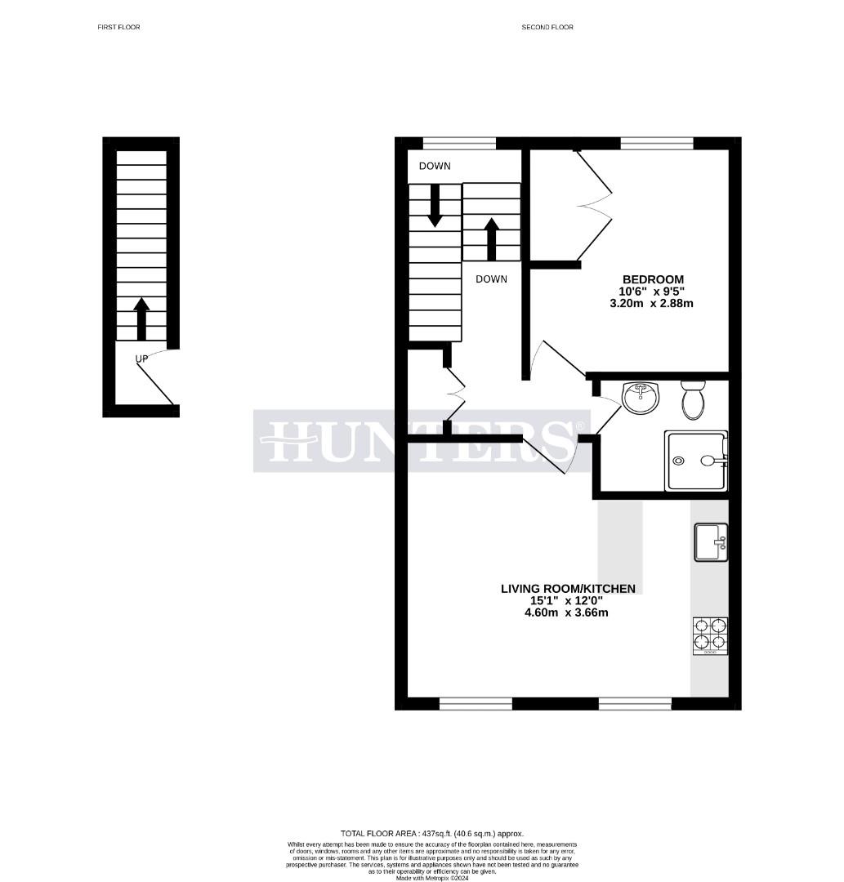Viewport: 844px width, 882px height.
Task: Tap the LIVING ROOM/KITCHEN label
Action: [568, 589]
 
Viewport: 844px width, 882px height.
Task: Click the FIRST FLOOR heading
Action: [119, 27]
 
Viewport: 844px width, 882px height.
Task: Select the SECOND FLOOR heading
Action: [547, 27]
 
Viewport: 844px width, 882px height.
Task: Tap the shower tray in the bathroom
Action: [696, 461]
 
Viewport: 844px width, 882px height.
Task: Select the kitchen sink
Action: [710, 542]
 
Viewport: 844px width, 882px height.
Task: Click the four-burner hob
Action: [710, 635]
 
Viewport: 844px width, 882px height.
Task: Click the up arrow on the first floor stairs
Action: [141, 318]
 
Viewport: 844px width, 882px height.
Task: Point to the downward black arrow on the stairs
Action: [435, 205]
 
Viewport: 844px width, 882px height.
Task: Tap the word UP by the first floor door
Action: [141, 359]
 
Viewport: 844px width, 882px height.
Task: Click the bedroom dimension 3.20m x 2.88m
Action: [651, 304]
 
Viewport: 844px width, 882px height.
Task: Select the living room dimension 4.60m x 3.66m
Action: [566, 612]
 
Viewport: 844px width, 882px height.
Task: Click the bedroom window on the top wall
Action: [657, 144]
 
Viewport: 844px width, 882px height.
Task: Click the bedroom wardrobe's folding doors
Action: [595, 204]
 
